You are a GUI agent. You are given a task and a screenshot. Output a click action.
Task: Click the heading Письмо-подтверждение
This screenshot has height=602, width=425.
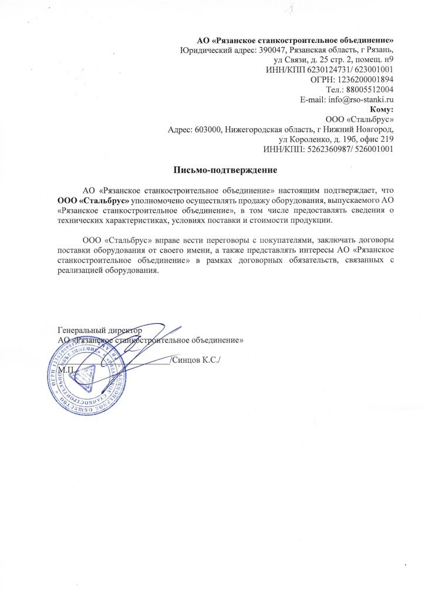tap(225, 170)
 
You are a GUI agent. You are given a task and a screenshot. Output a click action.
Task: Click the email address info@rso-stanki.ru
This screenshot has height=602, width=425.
tap(360, 99)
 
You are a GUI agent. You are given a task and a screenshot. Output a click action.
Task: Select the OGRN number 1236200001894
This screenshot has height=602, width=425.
tap(365, 79)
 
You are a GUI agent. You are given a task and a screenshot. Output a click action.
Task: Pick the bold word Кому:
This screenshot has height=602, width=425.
tap(382, 109)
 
